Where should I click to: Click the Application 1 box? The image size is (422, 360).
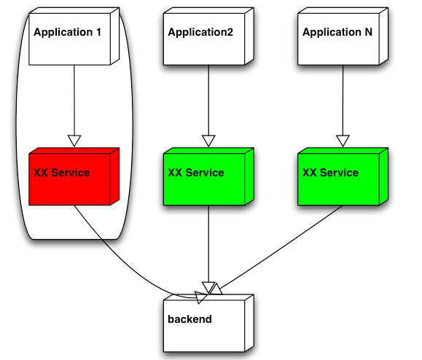tap(74, 36)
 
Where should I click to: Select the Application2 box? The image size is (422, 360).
tap(208, 36)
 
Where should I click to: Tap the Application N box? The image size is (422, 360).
tap(343, 36)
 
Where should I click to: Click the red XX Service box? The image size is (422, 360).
tap(74, 176)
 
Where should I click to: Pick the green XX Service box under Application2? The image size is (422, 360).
tap(208, 176)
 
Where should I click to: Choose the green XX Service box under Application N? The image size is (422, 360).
tap(343, 176)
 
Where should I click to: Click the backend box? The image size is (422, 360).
tap(208, 323)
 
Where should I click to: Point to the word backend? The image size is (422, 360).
tap(189, 319)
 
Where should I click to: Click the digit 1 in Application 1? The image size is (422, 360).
tap(98, 32)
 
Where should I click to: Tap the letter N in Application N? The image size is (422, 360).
tap(369, 32)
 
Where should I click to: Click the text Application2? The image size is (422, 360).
tap(200, 33)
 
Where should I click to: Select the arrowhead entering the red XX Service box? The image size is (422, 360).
tap(74, 141)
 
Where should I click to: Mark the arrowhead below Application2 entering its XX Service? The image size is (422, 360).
tap(208, 141)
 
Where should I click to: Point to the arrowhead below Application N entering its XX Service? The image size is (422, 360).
tap(343, 141)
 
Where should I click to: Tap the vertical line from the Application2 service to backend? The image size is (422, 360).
tap(208, 244)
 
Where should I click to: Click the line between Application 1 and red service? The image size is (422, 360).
tap(74, 101)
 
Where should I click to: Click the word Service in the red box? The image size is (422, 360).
tap(71, 173)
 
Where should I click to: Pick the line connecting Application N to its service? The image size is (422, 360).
tap(343, 101)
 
